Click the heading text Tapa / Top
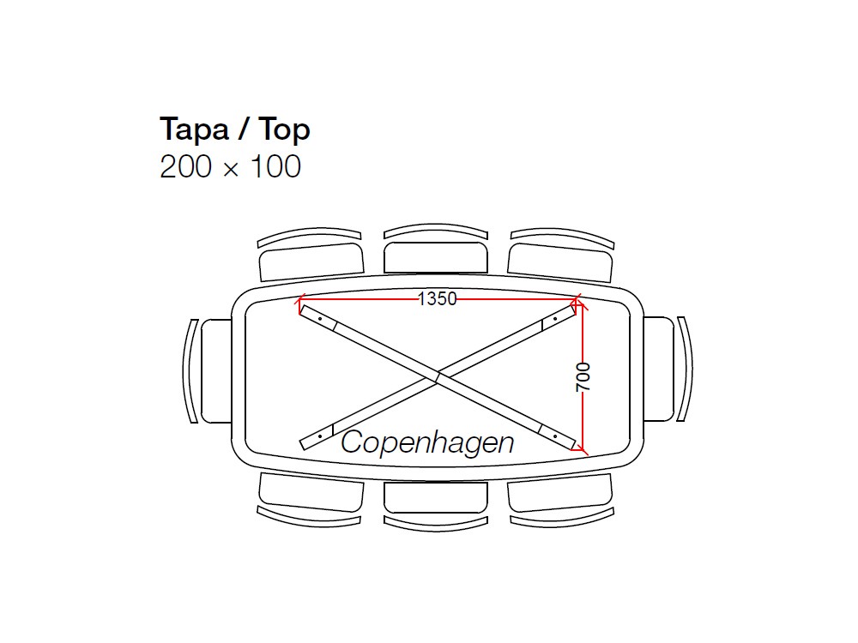point(234,129)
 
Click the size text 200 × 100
point(230,166)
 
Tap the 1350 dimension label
point(437,298)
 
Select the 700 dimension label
point(583,377)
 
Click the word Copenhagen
point(427,442)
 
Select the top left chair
point(311,257)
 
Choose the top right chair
point(561,257)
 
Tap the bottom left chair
point(311,494)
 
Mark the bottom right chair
point(561,494)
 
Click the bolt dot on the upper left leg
point(319,318)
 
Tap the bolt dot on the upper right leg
point(555,318)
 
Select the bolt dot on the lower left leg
point(319,436)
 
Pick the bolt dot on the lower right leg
point(555,436)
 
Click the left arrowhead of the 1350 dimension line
point(299,301)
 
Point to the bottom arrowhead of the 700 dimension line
point(583,448)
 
